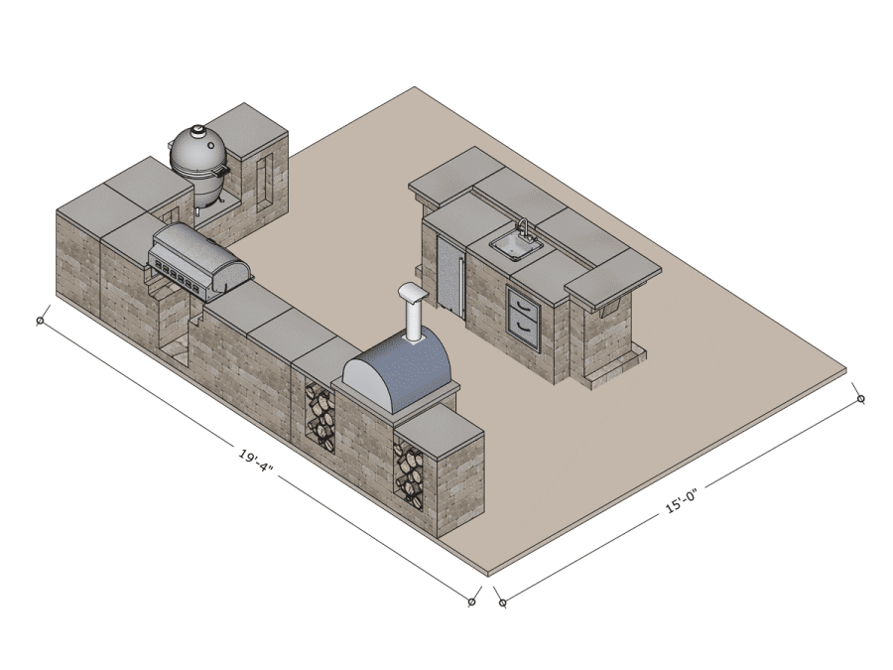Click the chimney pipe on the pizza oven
411,316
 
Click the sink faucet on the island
523,229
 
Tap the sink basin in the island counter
512,244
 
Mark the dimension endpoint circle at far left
41,320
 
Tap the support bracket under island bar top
606,309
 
